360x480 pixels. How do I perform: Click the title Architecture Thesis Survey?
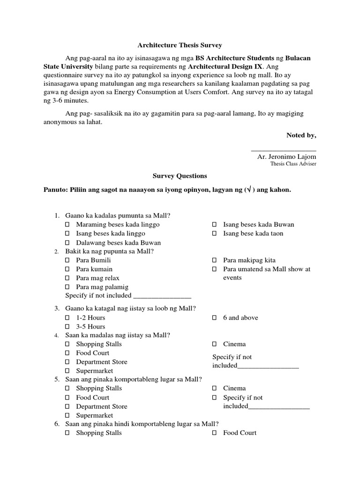point(180,45)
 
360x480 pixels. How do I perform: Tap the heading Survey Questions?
point(180,176)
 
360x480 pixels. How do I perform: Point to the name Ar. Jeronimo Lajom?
point(286,157)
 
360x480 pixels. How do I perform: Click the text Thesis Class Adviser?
point(293,164)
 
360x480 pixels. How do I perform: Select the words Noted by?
point(301,135)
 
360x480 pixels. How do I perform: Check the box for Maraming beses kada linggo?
point(67,225)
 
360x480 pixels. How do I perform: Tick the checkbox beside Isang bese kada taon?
point(214,233)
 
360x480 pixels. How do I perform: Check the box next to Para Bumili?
point(67,260)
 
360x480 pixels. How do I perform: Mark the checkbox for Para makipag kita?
point(214,260)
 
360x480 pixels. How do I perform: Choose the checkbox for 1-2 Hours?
point(67,318)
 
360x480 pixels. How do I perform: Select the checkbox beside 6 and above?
point(214,318)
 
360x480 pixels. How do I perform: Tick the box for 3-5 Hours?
point(67,327)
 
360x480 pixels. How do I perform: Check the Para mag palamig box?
point(67,287)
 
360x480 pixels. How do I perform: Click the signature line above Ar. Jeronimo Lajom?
point(284,150)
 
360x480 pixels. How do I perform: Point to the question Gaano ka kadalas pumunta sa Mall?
point(118,216)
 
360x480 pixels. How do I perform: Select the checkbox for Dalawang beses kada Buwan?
point(67,243)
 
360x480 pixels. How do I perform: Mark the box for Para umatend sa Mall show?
point(214,269)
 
